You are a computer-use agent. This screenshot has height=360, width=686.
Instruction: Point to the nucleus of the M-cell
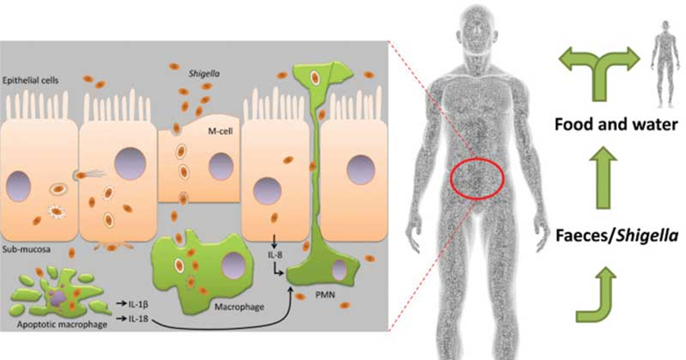(221, 167)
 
